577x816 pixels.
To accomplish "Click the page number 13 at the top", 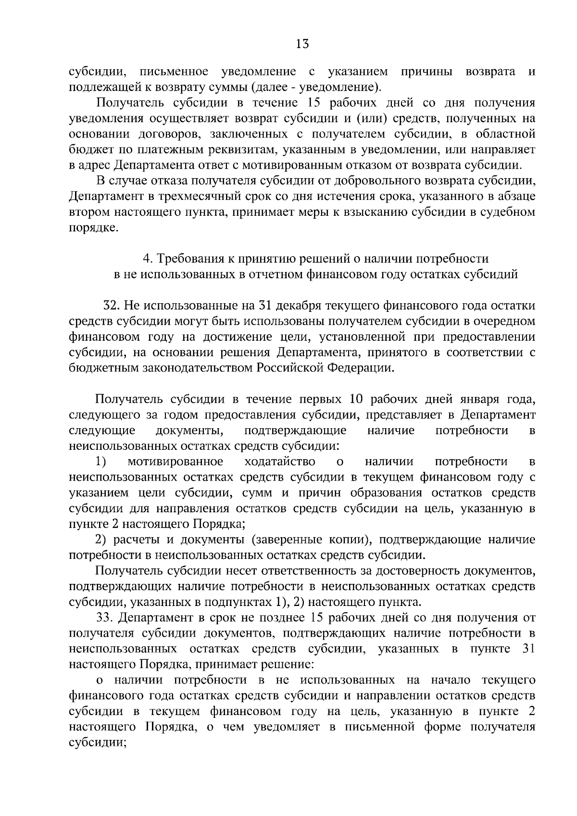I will click(x=302, y=44).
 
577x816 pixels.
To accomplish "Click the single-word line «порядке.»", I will click(x=93, y=228).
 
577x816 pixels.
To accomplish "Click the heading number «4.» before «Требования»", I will click(x=148, y=259).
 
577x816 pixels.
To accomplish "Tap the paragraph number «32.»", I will click(x=113, y=306).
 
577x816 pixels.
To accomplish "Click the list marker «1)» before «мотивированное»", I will click(x=100, y=462).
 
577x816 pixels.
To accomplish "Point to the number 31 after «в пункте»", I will click(x=527, y=649).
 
